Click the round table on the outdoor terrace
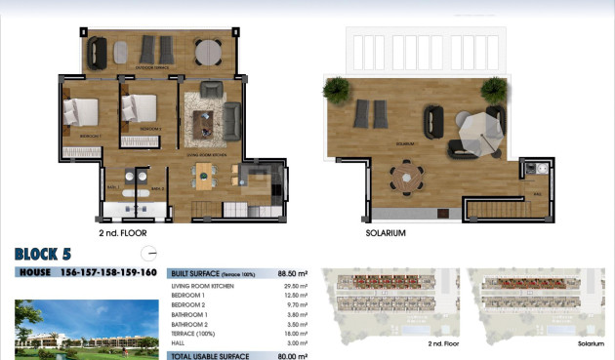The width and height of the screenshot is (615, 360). point(207,50)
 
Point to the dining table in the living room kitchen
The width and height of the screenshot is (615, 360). point(206,176)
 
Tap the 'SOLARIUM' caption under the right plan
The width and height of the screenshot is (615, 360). point(385,234)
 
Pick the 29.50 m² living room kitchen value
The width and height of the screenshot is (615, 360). point(294,285)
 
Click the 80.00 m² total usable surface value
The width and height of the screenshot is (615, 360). point(290,355)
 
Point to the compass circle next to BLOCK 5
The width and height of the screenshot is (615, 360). point(149,252)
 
